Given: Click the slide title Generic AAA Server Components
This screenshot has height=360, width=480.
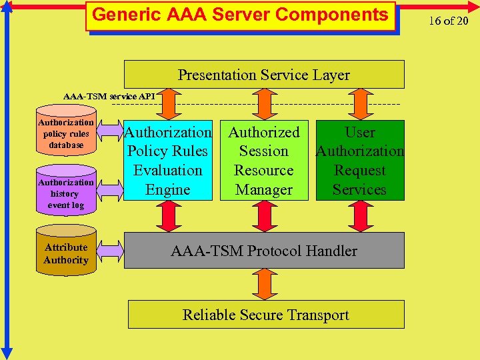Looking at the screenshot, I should tap(240, 15).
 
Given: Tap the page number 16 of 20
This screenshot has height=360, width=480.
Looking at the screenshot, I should tap(449, 20).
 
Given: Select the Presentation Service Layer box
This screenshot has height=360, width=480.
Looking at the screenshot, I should tap(264, 75).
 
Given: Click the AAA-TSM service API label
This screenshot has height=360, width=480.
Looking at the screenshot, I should tap(109, 97).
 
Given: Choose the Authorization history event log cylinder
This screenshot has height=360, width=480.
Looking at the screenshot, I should tap(65, 193).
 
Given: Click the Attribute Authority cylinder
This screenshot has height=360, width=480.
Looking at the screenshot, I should tap(65, 253).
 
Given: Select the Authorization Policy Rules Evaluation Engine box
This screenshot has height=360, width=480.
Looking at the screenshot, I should tap(168, 161).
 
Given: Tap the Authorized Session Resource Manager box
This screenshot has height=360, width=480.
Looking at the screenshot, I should tap(264, 161).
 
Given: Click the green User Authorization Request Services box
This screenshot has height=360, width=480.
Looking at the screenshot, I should tap(360, 161).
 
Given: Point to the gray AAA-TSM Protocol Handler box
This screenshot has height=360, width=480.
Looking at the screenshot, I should tap(264, 251).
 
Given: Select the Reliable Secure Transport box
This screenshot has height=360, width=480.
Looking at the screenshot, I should tap(265, 315).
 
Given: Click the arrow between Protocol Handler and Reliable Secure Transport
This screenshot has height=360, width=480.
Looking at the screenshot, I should tap(265, 284).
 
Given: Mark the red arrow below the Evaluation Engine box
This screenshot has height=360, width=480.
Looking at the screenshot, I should tap(168, 216).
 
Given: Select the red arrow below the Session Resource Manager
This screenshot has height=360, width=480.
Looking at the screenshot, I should tap(265, 216).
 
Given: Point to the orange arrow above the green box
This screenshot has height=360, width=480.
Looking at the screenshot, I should tap(360, 104).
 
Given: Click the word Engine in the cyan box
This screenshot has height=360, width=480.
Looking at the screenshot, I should tap(168, 190).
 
